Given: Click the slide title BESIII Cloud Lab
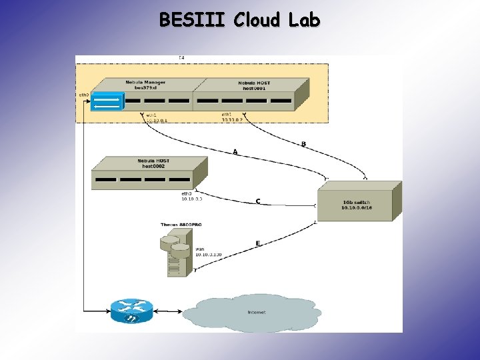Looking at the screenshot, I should tap(239, 20).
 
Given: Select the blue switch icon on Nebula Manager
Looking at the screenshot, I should tap(107, 101).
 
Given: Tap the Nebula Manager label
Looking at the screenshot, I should tap(145, 83).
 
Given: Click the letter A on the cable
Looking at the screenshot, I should tap(235, 152).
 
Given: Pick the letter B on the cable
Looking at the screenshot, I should tap(304, 144).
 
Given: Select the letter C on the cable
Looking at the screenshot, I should tap(259, 201).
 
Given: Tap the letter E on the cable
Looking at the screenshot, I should tap(258, 244).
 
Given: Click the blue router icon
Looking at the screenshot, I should tap(131, 311).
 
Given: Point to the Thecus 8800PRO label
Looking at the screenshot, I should tap(181, 225).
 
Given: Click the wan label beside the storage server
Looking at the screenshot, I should tap(199, 249).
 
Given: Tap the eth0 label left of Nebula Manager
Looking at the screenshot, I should tap(84, 95).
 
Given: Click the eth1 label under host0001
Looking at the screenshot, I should tap(227, 115).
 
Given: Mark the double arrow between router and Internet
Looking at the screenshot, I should tap(167, 311).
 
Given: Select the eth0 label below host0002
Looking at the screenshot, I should tap(186, 193).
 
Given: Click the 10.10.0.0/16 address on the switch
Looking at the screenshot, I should tap(359, 208).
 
